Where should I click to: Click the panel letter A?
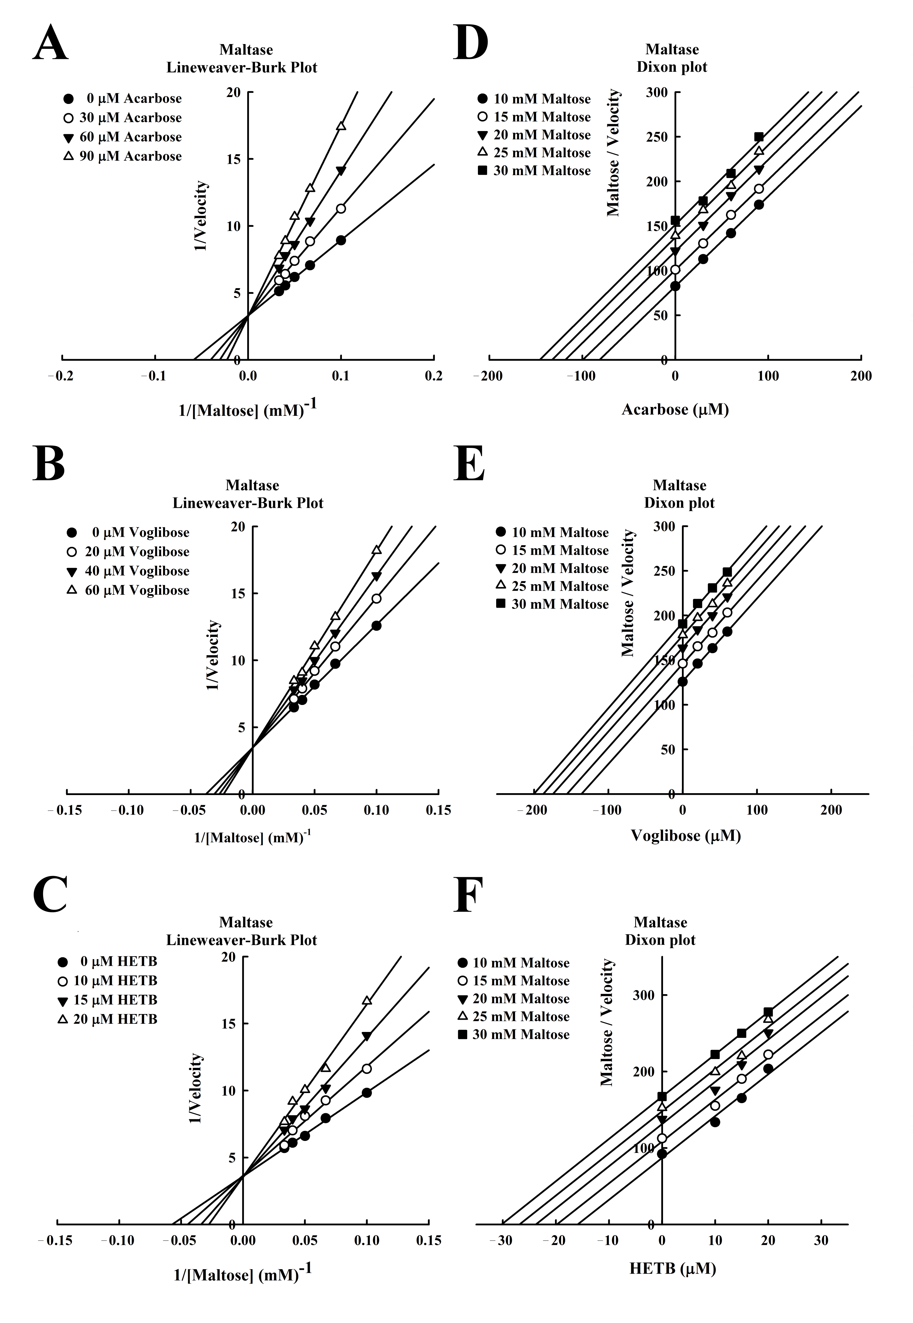tap(50, 45)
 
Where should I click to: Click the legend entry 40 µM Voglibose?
tap(129, 571)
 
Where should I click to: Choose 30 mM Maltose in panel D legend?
tap(534, 170)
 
